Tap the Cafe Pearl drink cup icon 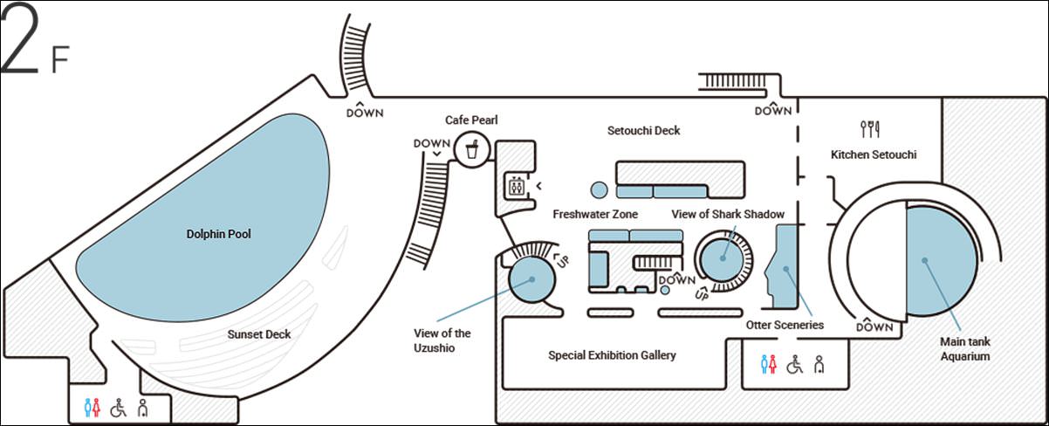472,149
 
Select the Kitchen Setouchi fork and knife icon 870,129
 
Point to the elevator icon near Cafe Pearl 516,185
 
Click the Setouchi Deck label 643,131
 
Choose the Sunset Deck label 259,334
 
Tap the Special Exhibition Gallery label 612,355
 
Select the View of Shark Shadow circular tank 723,256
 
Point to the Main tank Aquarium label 964,349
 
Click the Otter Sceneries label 785,325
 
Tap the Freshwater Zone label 595,214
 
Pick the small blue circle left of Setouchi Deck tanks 599,189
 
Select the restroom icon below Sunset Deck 93,408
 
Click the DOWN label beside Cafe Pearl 432,144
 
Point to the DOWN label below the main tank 874,327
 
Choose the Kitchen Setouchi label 874,155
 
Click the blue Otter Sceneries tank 785,265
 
